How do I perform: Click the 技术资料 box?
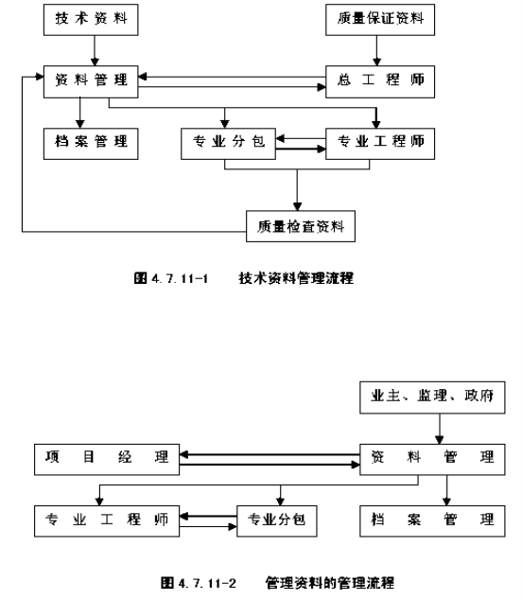click(x=91, y=20)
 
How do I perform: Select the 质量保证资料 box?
click(x=380, y=20)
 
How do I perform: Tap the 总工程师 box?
click(x=380, y=81)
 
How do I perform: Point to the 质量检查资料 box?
click(x=301, y=226)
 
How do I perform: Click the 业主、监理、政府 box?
click(x=432, y=397)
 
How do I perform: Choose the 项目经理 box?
click(x=107, y=460)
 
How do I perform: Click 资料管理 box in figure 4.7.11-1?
click(x=91, y=81)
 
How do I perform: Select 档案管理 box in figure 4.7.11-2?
click(x=432, y=521)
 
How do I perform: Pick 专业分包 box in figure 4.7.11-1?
click(x=228, y=144)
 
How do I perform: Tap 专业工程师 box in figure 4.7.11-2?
click(x=107, y=521)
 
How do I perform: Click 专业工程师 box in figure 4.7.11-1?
click(x=380, y=144)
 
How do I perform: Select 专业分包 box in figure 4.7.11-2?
click(x=277, y=521)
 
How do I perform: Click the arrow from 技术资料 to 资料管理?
click(x=95, y=50)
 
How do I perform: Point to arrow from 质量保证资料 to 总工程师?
click(x=376, y=50)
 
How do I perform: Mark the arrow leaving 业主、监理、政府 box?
click(x=440, y=429)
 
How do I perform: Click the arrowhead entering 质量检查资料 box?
click(x=297, y=206)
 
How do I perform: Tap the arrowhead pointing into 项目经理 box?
click(x=183, y=454)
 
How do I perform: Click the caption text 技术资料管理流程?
click(x=296, y=278)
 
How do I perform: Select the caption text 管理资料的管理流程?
click(x=330, y=583)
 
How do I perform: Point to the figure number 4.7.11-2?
click(x=207, y=583)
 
